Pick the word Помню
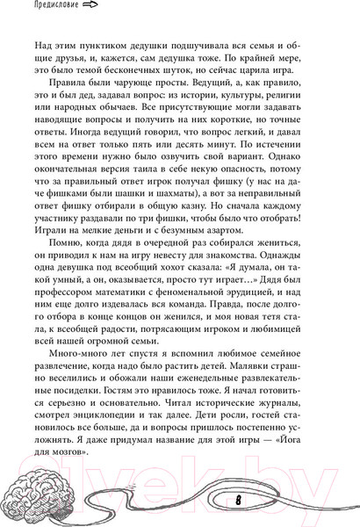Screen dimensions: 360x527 click(69, 258)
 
